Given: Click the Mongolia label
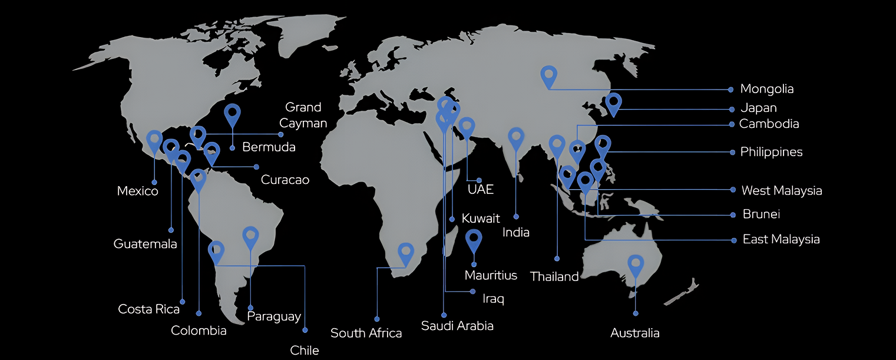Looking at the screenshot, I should pos(766,89).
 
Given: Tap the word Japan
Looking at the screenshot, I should pos(758,108).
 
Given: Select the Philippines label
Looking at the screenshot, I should pos(771,152).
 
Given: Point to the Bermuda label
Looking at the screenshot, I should pos(269,147).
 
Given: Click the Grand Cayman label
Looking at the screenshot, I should pos(303,115).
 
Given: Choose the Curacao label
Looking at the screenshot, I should pos(285,180).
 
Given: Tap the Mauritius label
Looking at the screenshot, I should pos(491,275).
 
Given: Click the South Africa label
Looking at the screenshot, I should pos(366,333).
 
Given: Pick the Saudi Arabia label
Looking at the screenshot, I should pos(457,325).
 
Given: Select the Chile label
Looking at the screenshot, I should pos(305,351).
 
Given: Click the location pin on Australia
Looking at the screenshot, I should pos(636,265).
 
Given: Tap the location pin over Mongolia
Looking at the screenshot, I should pos(549,75).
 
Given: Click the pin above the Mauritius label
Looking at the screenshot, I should pos(474,240).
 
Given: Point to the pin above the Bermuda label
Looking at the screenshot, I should pos(233,114).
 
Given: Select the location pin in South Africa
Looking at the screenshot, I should pos(405,253).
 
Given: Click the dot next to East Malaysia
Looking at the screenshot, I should pos(733,240).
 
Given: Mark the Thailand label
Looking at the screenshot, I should pos(554,276).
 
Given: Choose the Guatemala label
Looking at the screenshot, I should pos(145,243).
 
